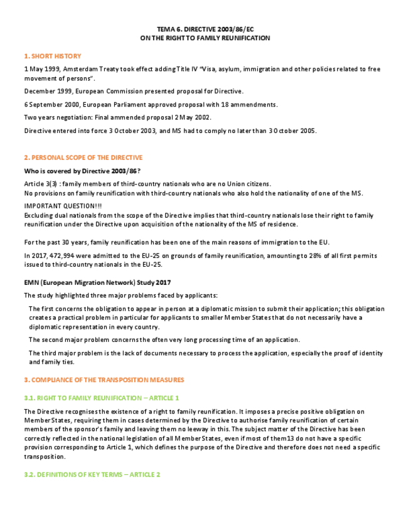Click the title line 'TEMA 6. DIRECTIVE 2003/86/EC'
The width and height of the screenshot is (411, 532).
[x=205, y=29]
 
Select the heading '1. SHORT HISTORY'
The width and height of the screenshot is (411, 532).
[x=53, y=56]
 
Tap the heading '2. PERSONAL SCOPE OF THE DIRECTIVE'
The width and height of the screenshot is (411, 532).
[x=83, y=157]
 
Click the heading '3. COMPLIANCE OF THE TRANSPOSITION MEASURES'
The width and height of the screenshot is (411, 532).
[x=104, y=380]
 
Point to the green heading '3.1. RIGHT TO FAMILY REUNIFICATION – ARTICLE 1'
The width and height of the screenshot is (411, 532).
[x=102, y=398]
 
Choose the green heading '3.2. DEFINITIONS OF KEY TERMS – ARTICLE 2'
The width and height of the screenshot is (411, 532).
[x=92, y=475]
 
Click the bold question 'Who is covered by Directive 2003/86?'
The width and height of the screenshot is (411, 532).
[x=82, y=171]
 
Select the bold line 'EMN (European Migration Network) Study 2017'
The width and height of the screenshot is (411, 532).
[x=97, y=282]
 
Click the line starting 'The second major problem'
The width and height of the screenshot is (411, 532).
[x=164, y=339]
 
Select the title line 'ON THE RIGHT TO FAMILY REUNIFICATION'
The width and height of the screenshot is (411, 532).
[x=205, y=38]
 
